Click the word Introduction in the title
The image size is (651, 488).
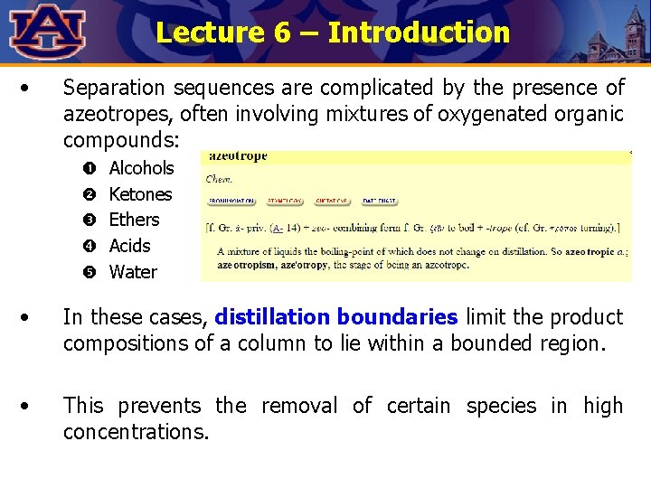click(419, 33)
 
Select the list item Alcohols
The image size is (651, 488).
click(141, 168)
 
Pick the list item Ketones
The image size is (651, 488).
click(140, 194)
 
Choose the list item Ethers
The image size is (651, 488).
click(134, 220)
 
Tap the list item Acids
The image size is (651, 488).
click(129, 246)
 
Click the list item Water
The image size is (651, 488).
click(133, 272)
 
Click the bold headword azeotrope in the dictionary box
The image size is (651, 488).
click(237, 156)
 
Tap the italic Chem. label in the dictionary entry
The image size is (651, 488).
click(220, 178)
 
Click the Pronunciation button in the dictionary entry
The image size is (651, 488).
click(231, 201)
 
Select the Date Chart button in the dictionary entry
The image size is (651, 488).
click(380, 201)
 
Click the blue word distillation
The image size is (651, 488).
click(272, 318)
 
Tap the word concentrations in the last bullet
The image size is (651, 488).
click(136, 432)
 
